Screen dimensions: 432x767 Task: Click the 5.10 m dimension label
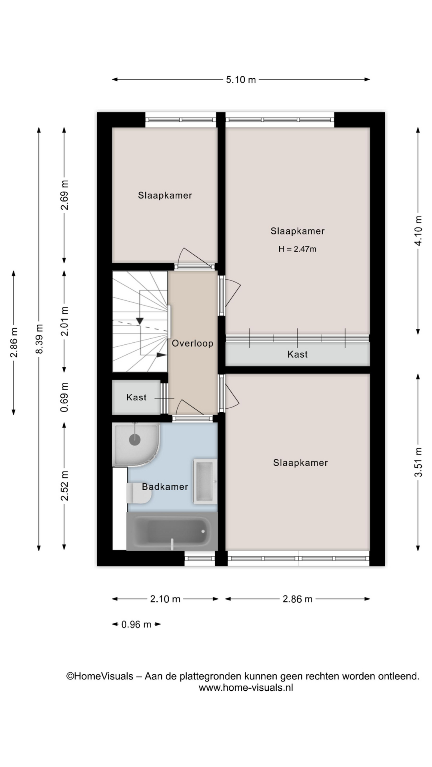click(241, 79)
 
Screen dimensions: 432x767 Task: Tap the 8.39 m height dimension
click(39, 339)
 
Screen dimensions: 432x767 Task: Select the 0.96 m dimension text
click(136, 624)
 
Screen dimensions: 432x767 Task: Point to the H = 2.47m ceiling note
click(297, 249)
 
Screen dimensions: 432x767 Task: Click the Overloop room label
click(192, 343)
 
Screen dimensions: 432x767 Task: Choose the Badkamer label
click(165, 487)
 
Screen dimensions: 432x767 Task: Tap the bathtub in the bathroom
click(172, 531)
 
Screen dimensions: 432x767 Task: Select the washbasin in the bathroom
click(205, 481)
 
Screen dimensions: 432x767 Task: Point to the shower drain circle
click(135, 440)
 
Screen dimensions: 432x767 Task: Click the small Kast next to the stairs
click(136, 397)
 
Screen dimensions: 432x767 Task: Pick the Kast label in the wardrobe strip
click(298, 354)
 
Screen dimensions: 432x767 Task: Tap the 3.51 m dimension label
click(418, 462)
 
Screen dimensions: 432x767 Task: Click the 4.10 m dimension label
click(418, 230)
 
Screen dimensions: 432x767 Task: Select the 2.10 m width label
click(165, 599)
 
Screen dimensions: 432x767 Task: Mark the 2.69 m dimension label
click(64, 195)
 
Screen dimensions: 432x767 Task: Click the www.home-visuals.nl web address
click(246, 688)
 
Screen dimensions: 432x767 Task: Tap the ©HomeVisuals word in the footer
click(100, 676)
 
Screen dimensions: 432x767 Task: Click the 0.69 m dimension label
click(64, 397)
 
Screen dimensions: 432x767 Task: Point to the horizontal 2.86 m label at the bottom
click(298, 599)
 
